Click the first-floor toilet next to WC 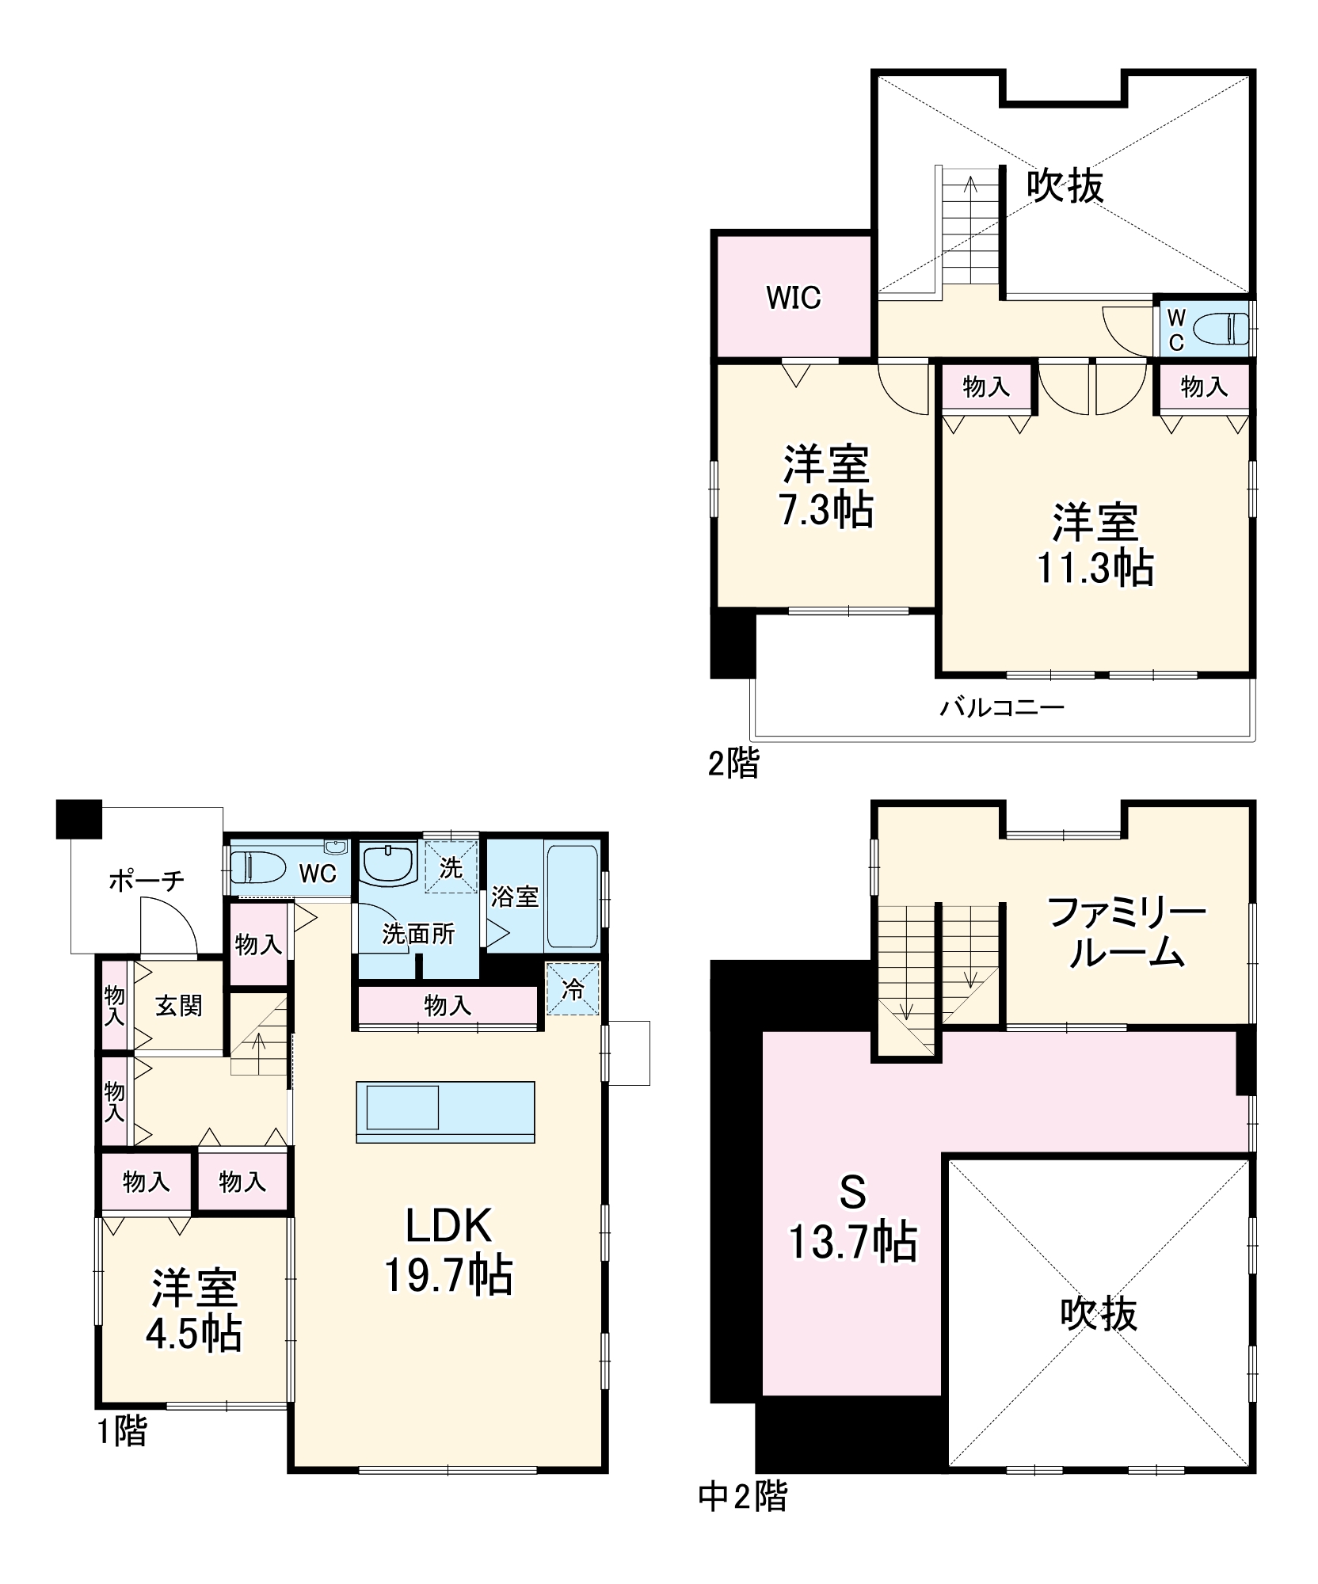pos(257,867)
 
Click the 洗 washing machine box pos(451,867)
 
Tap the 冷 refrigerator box pos(573,988)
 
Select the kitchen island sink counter pos(445,1110)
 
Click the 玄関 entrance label pos(178,1006)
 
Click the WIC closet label pos(793,298)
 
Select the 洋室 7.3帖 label pos(826,487)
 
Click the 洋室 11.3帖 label pos(1095,545)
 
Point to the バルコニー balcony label pos(1001,707)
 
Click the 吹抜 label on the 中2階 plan pos(1098,1313)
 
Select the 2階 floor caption pos(733,763)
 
